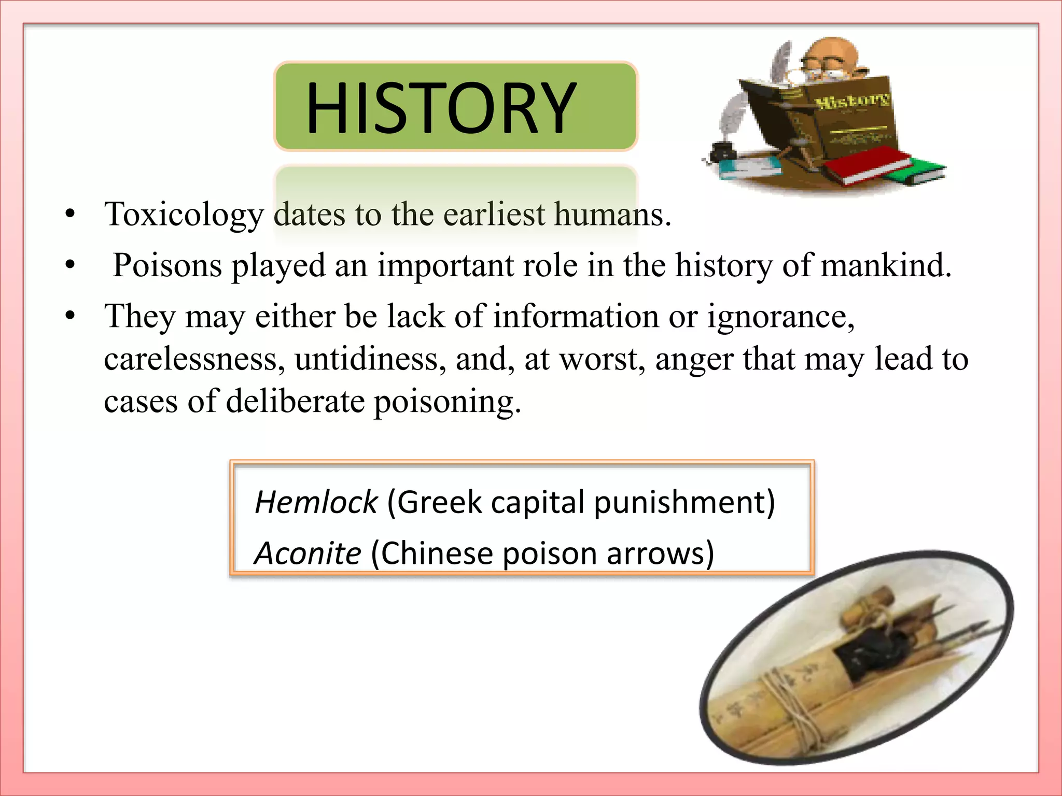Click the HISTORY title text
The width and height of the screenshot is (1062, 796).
[x=441, y=108]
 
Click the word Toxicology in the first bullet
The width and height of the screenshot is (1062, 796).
[x=184, y=215]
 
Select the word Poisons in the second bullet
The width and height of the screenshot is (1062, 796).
[x=167, y=266]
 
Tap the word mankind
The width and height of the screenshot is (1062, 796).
[x=886, y=266]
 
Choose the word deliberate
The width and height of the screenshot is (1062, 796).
[x=295, y=402]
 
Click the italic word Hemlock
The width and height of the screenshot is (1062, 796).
[x=316, y=502]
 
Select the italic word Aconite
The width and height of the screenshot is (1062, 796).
[x=308, y=553]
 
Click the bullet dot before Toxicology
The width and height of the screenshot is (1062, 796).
[x=71, y=214]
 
